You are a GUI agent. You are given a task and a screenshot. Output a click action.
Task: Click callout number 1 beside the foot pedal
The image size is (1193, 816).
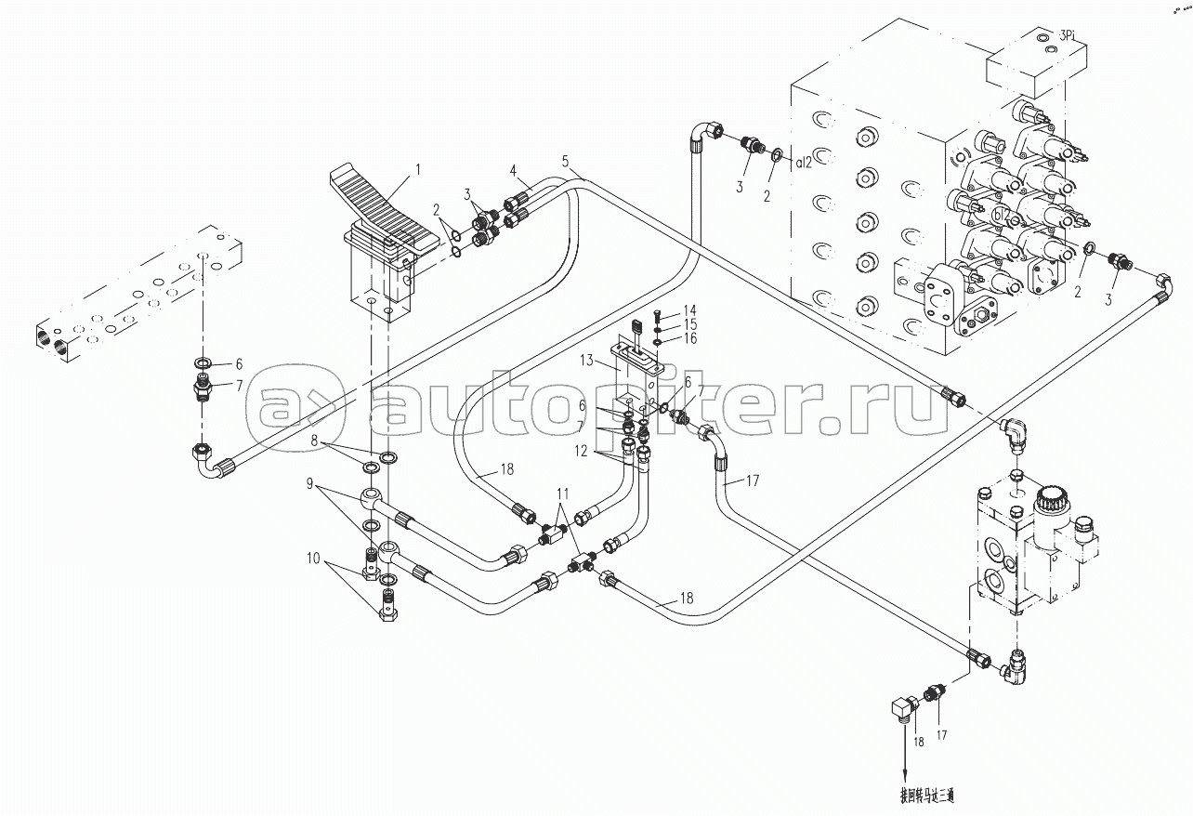[417, 169]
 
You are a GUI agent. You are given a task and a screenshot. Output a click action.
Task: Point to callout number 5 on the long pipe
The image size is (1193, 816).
[565, 160]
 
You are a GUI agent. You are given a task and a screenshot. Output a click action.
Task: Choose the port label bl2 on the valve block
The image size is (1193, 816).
[1002, 214]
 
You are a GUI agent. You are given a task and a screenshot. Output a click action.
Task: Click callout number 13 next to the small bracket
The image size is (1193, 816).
[587, 360]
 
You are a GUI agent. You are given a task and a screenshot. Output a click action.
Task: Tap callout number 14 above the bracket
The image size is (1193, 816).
[689, 309]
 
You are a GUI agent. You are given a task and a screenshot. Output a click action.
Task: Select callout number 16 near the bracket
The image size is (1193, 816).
[689, 338]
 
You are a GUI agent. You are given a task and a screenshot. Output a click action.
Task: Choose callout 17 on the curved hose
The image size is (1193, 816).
[753, 480]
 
